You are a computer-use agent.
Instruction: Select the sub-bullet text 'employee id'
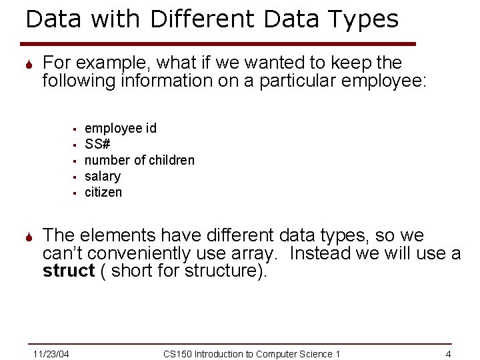coord(121,128)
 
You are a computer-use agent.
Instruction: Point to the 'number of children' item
coord(139,160)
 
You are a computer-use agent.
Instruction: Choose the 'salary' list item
coord(103,176)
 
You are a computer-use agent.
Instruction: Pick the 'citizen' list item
coord(103,192)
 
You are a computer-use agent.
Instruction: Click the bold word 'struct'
coord(69,271)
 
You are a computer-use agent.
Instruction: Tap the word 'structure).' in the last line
coord(225,271)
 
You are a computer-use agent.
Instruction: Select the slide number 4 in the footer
coord(449,353)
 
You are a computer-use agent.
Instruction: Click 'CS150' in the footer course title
coord(177,353)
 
